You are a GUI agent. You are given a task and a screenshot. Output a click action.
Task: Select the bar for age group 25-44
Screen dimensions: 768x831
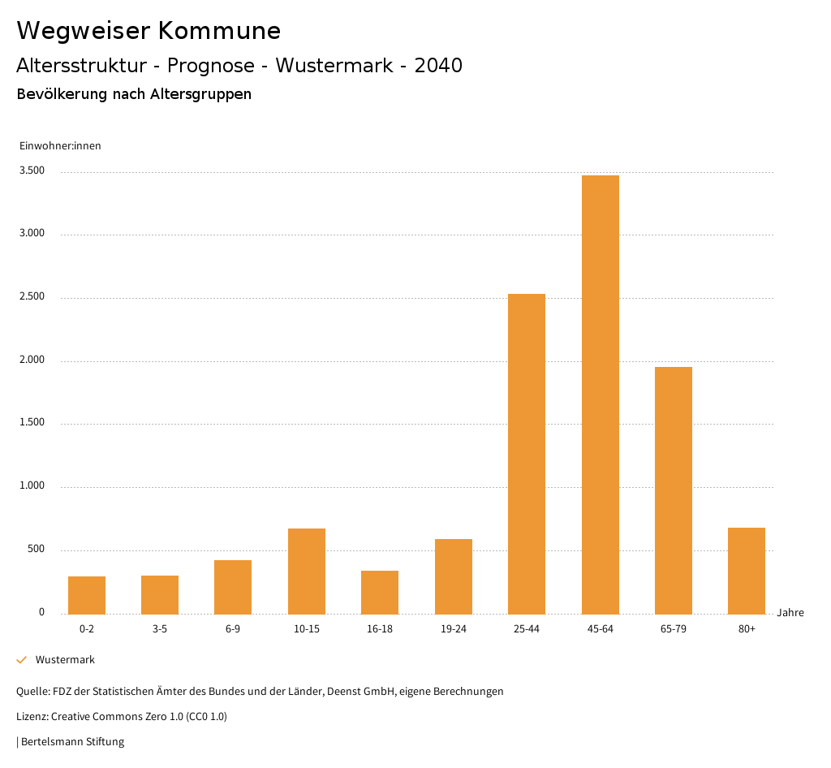[527, 454]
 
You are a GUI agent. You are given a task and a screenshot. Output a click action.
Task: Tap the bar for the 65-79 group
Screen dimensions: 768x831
[674, 490]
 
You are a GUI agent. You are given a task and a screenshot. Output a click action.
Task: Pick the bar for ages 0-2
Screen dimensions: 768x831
[87, 595]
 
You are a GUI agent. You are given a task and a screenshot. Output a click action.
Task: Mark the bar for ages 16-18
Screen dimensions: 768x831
[380, 592]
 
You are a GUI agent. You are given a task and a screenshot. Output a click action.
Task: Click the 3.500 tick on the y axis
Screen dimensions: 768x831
[32, 170]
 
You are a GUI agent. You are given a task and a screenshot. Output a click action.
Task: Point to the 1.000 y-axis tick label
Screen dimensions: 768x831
[32, 486]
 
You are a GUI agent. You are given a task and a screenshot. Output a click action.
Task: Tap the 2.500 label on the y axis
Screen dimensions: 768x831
[32, 297]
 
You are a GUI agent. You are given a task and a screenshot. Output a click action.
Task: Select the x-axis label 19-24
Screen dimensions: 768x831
[453, 629]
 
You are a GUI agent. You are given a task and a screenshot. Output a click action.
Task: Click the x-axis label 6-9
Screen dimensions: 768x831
[233, 629]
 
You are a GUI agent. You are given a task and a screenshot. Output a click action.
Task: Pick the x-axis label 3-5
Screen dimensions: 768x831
[160, 629]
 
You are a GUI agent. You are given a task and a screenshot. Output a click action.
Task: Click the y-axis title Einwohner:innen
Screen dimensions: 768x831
[60, 146]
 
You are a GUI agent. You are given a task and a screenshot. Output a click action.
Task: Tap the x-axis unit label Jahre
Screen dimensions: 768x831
[790, 613]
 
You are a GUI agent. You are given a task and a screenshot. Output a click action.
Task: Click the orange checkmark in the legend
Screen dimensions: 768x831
[22, 660]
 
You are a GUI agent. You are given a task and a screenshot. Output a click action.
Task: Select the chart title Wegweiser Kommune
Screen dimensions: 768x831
[149, 31]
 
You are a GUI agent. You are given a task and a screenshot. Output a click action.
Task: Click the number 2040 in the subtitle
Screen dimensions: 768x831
[438, 66]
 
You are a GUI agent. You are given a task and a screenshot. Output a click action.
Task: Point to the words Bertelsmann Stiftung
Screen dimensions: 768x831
[72, 741]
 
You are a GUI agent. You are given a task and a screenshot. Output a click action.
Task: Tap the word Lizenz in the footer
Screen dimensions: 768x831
[32, 716]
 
